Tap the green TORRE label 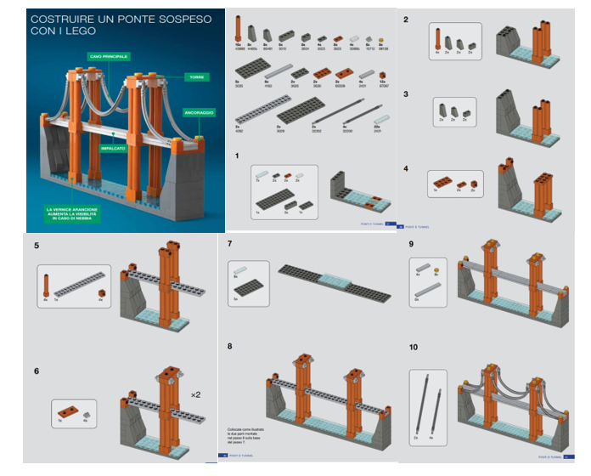point(194,76)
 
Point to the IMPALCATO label point(113,146)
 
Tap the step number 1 point(239,156)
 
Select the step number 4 point(407,168)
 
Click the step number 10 point(414,347)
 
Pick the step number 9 point(411,245)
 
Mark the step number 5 point(37,246)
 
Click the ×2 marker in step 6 point(195,394)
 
